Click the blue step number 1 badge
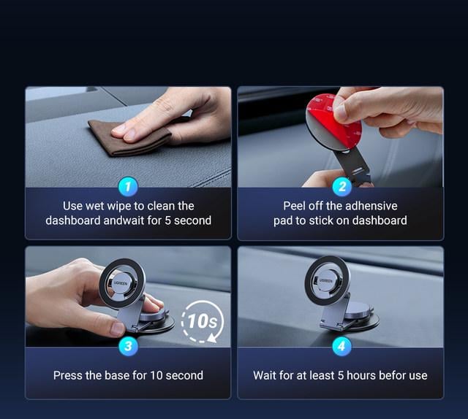[128, 187]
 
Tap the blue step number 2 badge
[342, 187]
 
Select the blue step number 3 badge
[129, 346]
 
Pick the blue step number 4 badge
[341, 346]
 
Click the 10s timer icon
[203, 321]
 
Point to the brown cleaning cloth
[129, 138]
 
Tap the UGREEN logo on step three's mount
[121, 282]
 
